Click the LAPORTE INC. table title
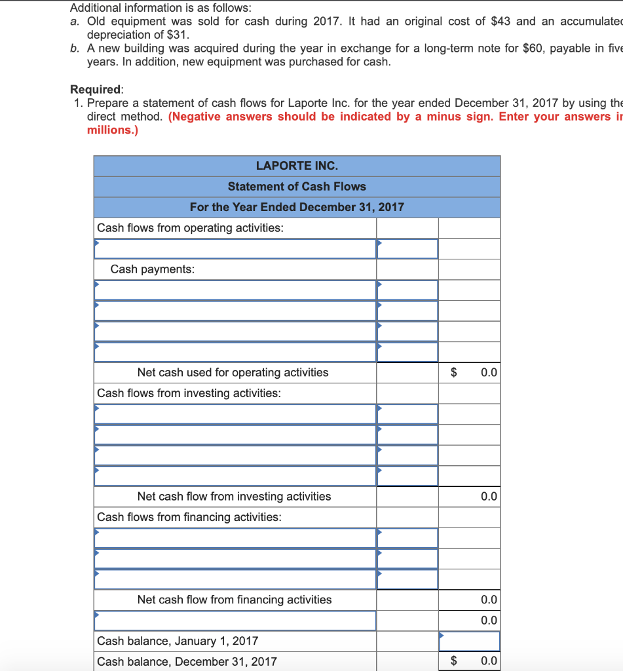pos(297,166)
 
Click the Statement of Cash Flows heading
pos(297,187)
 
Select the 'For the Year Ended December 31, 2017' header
pos(297,207)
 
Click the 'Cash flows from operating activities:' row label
pos(190,228)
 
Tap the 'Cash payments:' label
pos(152,269)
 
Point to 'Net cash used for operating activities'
pos(233,372)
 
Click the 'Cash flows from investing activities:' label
pos(189,393)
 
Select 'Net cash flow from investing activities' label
pos(234,497)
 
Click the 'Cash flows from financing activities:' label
pos(189,517)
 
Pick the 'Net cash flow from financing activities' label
pos(234,600)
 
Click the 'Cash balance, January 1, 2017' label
pos(178,641)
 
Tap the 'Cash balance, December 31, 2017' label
pos(187,661)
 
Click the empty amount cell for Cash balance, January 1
pos(469,641)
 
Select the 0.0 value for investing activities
pos(488,497)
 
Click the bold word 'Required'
pos(96,89)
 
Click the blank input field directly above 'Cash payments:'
pos(235,249)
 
